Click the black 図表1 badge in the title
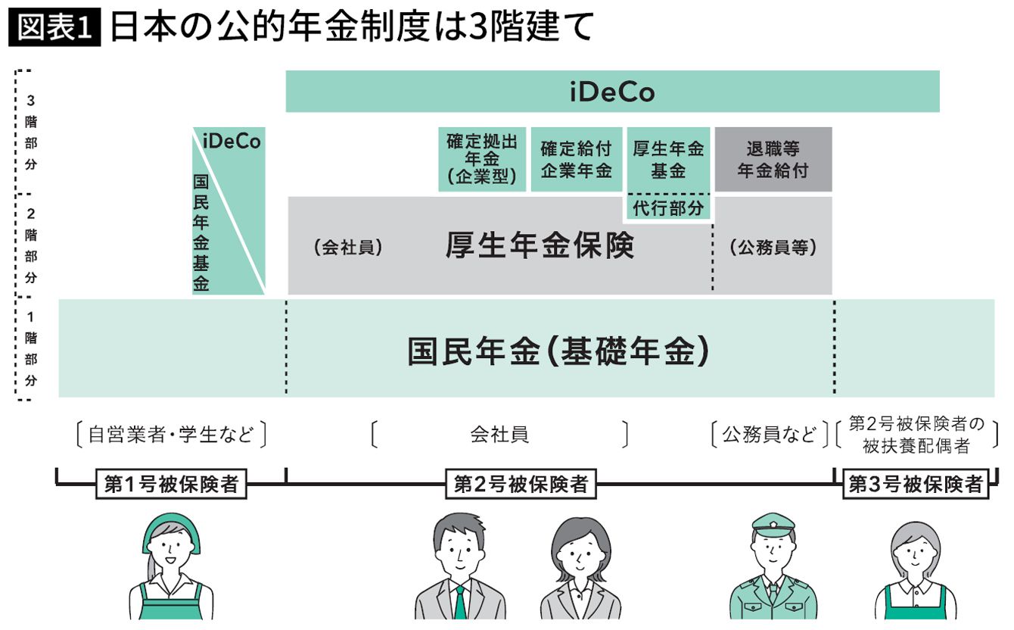tap(54, 28)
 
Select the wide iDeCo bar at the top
tap(612, 92)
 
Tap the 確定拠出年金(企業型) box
tap(482, 160)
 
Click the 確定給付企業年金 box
tap(576, 160)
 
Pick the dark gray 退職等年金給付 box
tap(773, 160)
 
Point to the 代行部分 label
tap(668, 208)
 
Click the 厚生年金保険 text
tap(540, 247)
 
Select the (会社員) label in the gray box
tap(349, 248)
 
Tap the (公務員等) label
tap(773, 248)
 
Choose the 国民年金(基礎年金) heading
tap(559, 351)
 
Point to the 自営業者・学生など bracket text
tap(171, 435)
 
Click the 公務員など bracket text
tap(770, 435)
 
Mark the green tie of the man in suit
tap(459, 602)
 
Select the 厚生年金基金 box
tap(668, 160)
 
